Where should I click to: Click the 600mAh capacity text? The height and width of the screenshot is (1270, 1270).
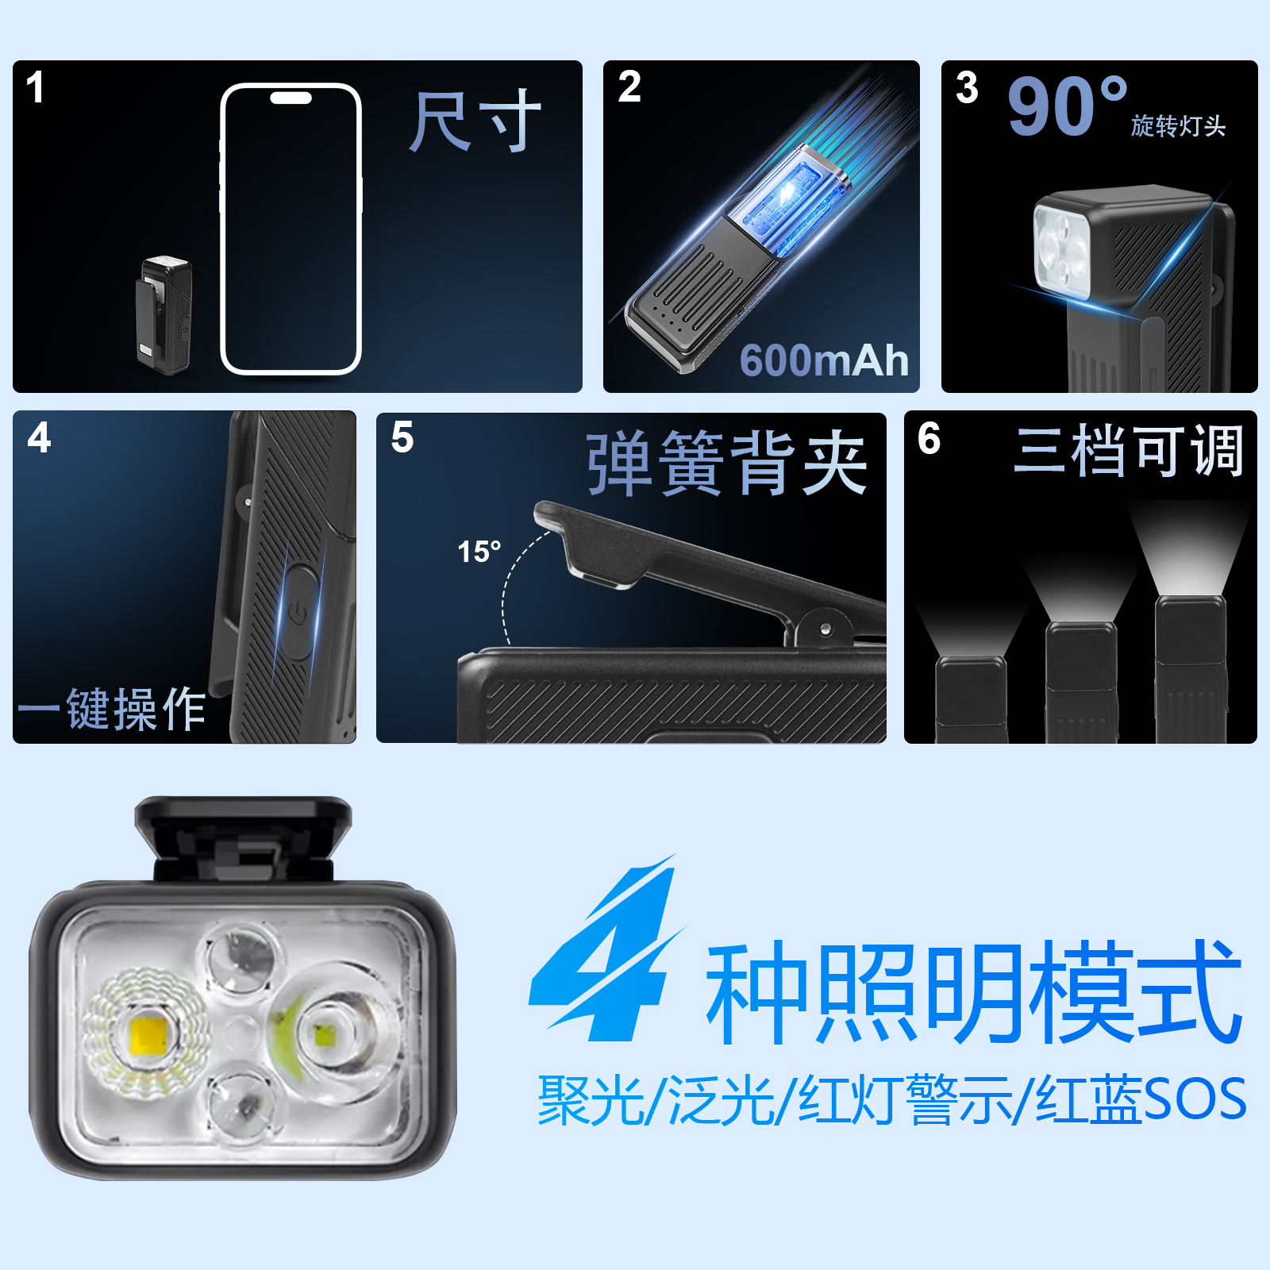point(824,360)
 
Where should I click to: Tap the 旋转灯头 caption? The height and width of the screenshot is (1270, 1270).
point(1178,125)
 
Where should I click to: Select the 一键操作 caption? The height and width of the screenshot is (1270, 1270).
point(112,709)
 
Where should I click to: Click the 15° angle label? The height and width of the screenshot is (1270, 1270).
point(479,551)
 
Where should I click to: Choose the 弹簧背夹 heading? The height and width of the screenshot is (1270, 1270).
point(727,464)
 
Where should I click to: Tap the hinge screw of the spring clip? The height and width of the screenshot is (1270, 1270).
point(825,629)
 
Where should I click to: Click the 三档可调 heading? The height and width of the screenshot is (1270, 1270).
point(1128,451)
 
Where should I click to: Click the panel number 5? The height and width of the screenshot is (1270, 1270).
point(402,437)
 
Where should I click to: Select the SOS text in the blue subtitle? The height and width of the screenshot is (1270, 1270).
point(1195,1099)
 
